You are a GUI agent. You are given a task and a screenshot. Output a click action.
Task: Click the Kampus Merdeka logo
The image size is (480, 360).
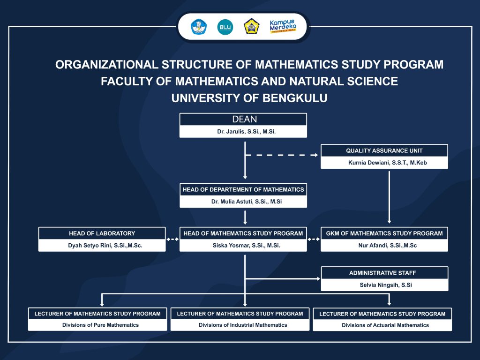coord(283,26)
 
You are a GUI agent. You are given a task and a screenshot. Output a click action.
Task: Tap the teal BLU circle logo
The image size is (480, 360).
coord(225,27)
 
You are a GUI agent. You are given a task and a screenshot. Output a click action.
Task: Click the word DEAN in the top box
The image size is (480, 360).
coord(245,119)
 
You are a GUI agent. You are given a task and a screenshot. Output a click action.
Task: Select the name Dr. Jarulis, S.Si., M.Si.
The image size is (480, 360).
coord(247,132)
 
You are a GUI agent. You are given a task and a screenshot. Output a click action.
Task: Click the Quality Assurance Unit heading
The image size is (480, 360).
coord(384,150)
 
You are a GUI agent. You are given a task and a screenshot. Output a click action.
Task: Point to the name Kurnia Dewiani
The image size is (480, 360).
coord(388,163)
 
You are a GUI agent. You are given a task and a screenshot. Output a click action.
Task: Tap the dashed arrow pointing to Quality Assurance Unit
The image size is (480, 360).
coord(282,155)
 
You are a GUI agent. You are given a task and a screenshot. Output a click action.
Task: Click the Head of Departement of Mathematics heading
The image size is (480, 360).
coord(243,189)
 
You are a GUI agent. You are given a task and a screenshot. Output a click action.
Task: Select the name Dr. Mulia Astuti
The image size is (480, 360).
coord(247,202)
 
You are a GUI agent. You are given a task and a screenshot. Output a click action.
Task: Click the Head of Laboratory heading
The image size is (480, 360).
coord(102,233)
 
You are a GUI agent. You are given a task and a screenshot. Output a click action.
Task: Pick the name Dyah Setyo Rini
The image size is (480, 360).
coord(105,245)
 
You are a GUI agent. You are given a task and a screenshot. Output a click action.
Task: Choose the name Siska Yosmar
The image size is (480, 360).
coord(247,245)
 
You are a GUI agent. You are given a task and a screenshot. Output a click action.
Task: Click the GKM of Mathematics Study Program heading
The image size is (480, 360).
coord(384,233)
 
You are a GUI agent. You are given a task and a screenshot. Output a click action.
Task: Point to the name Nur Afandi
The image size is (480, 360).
coord(388,245)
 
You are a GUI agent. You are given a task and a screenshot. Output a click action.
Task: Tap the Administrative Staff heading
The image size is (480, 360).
coord(382,273)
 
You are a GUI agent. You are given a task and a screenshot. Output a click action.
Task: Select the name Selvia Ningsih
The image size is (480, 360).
coord(386,285)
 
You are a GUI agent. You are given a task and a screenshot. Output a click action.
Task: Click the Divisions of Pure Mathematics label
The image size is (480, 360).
coord(100,325)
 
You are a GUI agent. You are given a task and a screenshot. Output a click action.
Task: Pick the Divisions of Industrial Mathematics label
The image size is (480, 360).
coord(243,325)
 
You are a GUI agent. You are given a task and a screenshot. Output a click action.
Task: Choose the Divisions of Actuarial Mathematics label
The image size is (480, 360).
coord(385,325)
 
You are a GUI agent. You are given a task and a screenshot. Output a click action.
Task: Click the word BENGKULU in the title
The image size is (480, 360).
coord(295,98)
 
